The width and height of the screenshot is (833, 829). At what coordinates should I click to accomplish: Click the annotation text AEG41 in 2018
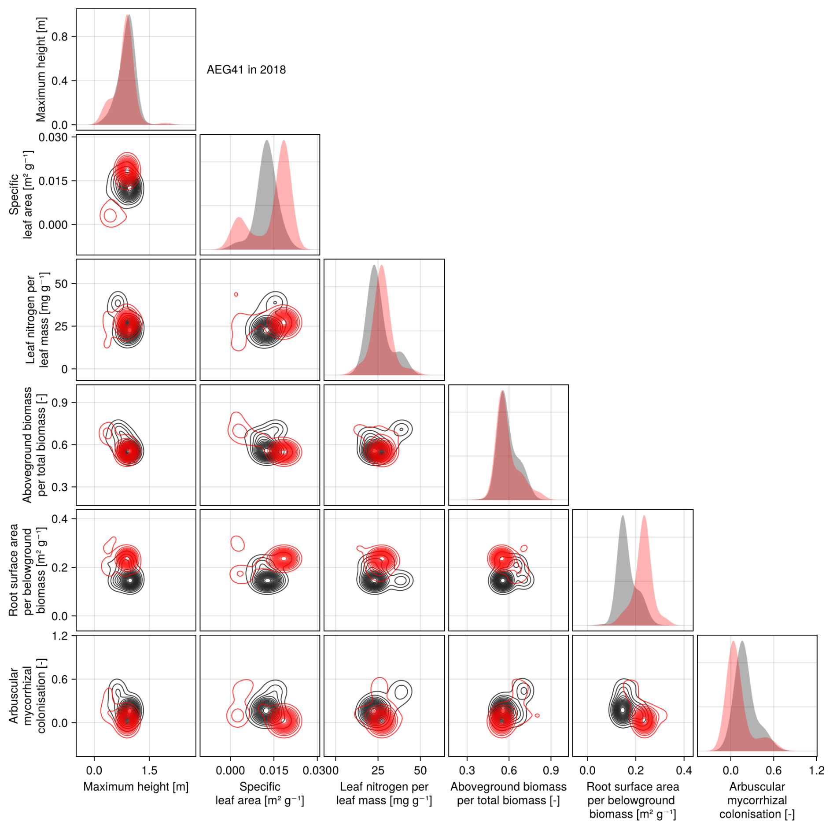(246, 70)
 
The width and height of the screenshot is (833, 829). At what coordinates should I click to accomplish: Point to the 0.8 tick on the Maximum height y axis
(59, 37)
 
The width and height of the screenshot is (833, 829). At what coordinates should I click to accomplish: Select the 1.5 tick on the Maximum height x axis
(149, 770)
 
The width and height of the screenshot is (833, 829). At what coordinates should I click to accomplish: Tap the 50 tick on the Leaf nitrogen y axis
(61, 284)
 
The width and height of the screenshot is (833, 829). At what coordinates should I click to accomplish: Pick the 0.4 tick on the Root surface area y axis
(59, 519)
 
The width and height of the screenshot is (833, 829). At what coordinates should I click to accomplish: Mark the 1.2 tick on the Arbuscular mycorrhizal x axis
(816, 770)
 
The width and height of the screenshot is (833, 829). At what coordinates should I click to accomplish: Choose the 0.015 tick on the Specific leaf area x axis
(273, 770)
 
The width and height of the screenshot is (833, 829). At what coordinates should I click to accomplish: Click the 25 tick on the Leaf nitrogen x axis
(378, 770)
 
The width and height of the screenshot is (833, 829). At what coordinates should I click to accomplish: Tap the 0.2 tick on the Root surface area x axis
(635, 770)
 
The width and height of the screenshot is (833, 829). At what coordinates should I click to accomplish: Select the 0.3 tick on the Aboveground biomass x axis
(467, 770)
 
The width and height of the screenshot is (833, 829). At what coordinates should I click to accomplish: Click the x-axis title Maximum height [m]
(136, 786)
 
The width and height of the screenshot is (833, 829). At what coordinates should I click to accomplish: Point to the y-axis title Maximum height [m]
(41, 69)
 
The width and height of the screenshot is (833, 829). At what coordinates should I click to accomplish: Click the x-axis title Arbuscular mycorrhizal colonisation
(756, 800)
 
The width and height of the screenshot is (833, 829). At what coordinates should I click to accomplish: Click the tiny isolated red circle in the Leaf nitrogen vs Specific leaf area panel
(236, 294)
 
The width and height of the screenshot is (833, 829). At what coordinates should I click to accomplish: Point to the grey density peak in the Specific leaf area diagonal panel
(266, 141)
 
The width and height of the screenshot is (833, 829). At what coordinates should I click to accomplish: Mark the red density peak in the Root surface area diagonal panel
(644, 516)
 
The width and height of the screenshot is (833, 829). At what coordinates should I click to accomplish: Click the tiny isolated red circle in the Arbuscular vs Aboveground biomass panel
(537, 715)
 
